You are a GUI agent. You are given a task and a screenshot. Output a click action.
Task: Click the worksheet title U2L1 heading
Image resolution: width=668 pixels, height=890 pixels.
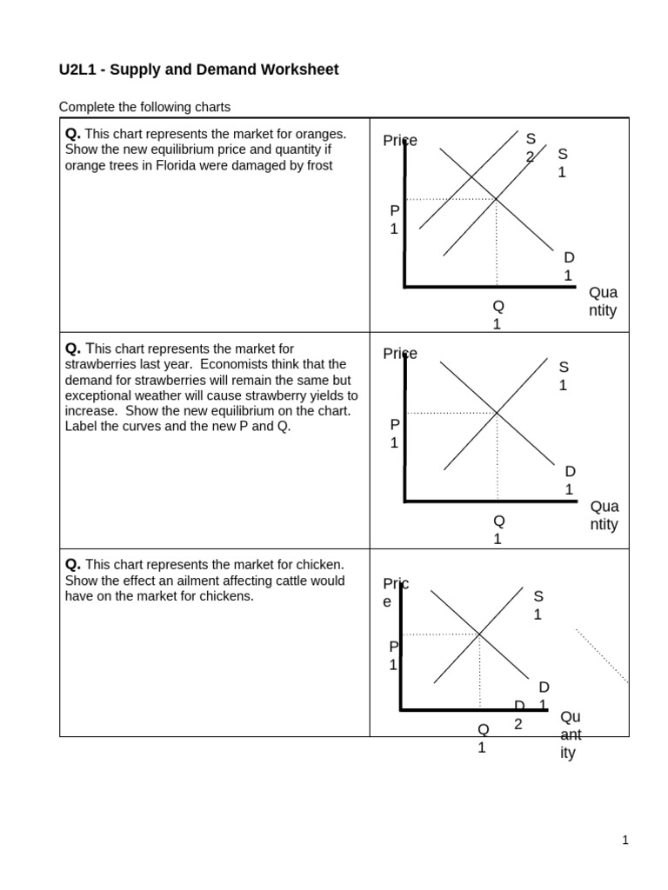point(198,70)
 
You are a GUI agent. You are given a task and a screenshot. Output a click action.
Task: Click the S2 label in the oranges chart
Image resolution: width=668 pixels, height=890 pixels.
point(530,147)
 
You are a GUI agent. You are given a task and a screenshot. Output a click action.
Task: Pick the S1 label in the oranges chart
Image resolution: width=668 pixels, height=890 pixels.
point(562,163)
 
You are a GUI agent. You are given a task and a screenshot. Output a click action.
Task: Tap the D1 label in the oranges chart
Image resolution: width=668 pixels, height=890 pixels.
point(568,266)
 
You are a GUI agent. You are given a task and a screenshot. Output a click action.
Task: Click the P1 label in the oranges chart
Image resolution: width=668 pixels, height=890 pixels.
point(394,220)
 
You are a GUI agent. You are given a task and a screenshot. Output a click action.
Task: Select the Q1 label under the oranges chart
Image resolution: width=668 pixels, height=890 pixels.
point(498,315)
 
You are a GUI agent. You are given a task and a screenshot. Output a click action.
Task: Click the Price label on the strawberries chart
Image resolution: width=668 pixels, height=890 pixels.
point(399,354)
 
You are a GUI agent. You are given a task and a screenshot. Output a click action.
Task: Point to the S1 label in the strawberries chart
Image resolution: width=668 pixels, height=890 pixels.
point(563,375)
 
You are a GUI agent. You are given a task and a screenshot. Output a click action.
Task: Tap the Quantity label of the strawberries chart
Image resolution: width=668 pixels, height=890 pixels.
point(604,515)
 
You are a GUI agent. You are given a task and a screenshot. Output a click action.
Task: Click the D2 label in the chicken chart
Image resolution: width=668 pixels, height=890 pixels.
point(518,714)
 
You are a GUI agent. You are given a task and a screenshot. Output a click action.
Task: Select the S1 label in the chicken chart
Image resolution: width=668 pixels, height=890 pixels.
point(538,605)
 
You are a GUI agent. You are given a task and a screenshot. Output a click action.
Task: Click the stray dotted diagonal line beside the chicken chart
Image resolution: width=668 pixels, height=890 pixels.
point(602,656)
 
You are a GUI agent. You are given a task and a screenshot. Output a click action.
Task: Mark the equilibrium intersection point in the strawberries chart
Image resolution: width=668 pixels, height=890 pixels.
point(497,413)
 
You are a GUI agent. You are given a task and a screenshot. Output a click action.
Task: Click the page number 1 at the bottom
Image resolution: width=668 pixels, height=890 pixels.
point(625,840)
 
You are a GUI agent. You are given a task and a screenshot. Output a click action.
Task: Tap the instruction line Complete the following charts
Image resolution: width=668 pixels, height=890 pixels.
point(144,107)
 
